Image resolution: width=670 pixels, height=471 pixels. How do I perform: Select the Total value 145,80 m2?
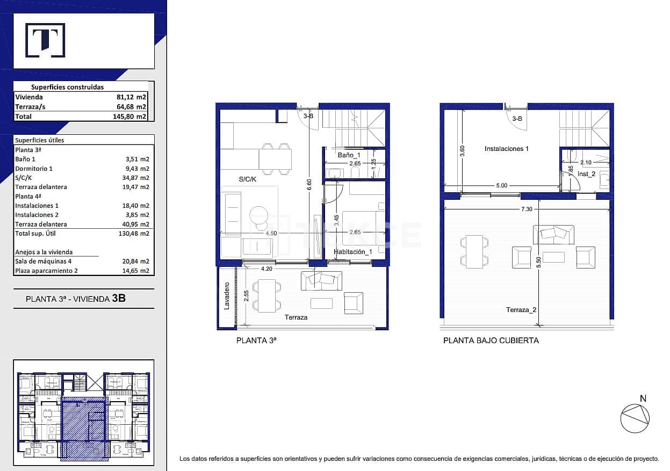coord(132,117)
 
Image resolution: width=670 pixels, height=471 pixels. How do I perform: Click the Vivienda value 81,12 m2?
coord(132,97)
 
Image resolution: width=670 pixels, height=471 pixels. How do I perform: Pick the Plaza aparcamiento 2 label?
coord(47,271)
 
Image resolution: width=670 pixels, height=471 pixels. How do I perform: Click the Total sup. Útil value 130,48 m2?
coord(133,234)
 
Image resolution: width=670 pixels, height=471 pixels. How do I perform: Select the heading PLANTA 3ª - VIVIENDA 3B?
coord(76,299)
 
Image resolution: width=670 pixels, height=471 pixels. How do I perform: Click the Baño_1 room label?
coord(349,155)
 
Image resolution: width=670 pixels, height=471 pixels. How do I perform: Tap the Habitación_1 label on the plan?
coord(352,252)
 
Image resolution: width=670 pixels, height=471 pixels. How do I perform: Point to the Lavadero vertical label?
coord(227,296)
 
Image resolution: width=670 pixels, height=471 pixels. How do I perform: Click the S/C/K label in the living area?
coord(248,179)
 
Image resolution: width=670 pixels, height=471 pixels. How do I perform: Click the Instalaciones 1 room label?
coord(506,149)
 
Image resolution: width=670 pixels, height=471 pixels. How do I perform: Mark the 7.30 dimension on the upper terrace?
coord(527,209)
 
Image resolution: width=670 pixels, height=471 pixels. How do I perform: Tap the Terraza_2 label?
coord(521,310)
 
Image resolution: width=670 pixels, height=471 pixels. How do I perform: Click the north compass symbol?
coord(635,417)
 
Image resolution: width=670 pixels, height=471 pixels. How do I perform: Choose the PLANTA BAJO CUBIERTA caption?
coord(491,340)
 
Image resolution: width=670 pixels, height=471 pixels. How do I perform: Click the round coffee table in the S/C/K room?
coord(258,214)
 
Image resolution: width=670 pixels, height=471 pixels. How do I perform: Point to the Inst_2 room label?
coord(586,174)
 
